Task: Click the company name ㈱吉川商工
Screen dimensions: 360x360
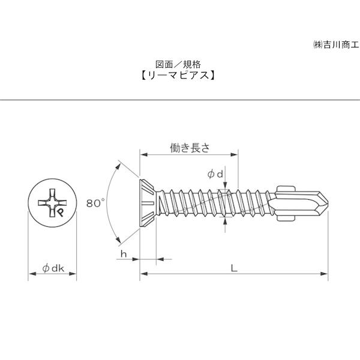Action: point(335,44)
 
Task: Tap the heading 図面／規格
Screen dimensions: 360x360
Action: point(178,65)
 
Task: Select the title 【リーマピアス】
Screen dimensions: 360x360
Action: point(178,76)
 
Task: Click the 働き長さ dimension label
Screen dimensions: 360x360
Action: point(190,148)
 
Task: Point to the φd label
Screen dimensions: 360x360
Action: point(215,175)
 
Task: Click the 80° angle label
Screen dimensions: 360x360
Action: point(95,203)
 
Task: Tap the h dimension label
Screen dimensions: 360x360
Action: point(124,254)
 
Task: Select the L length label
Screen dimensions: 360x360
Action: point(234,268)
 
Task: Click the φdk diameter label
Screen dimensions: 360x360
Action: point(53,268)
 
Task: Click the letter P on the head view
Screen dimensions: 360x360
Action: point(61,212)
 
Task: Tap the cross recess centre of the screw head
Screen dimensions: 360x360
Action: point(52,203)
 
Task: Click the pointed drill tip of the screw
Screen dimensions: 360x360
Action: point(327,203)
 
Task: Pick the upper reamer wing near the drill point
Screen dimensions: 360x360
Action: point(286,190)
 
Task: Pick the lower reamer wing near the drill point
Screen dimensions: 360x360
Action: point(286,217)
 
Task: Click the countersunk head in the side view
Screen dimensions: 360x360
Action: point(147,203)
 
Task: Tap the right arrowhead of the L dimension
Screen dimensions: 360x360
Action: point(324,274)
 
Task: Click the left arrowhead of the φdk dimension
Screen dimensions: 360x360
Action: point(32,274)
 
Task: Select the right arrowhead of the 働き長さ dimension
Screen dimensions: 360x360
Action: point(234,155)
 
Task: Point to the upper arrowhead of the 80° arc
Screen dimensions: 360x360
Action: point(118,166)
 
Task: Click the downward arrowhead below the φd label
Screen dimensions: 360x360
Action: point(225,185)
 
